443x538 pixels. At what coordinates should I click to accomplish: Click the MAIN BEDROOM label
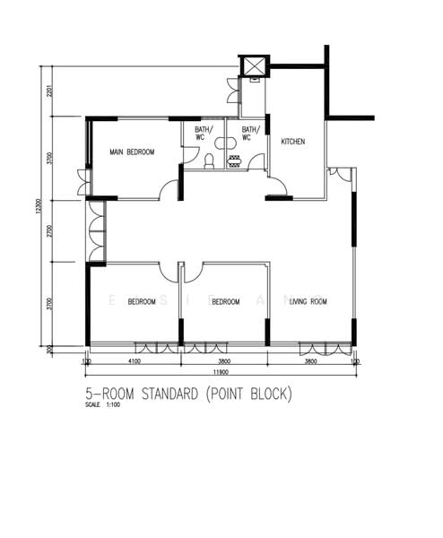(x=132, y=152)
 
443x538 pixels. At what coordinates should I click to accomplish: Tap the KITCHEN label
(x=293, y=143)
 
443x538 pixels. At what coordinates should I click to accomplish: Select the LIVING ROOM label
(x=308, y=302)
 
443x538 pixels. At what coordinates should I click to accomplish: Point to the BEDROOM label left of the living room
(x=224, y=302)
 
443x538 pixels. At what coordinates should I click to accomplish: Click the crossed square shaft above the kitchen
(x=255, y=66)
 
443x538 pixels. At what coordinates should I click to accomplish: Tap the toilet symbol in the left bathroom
(x=208, y=161)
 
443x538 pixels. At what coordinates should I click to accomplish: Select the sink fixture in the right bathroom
(x=235, y=161)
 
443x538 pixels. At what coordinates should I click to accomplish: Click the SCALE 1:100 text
(x=103, y=405)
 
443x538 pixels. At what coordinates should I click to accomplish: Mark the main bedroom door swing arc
(x=168, y=189)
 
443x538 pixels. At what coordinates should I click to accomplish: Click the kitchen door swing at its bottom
(x=277, y=189)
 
